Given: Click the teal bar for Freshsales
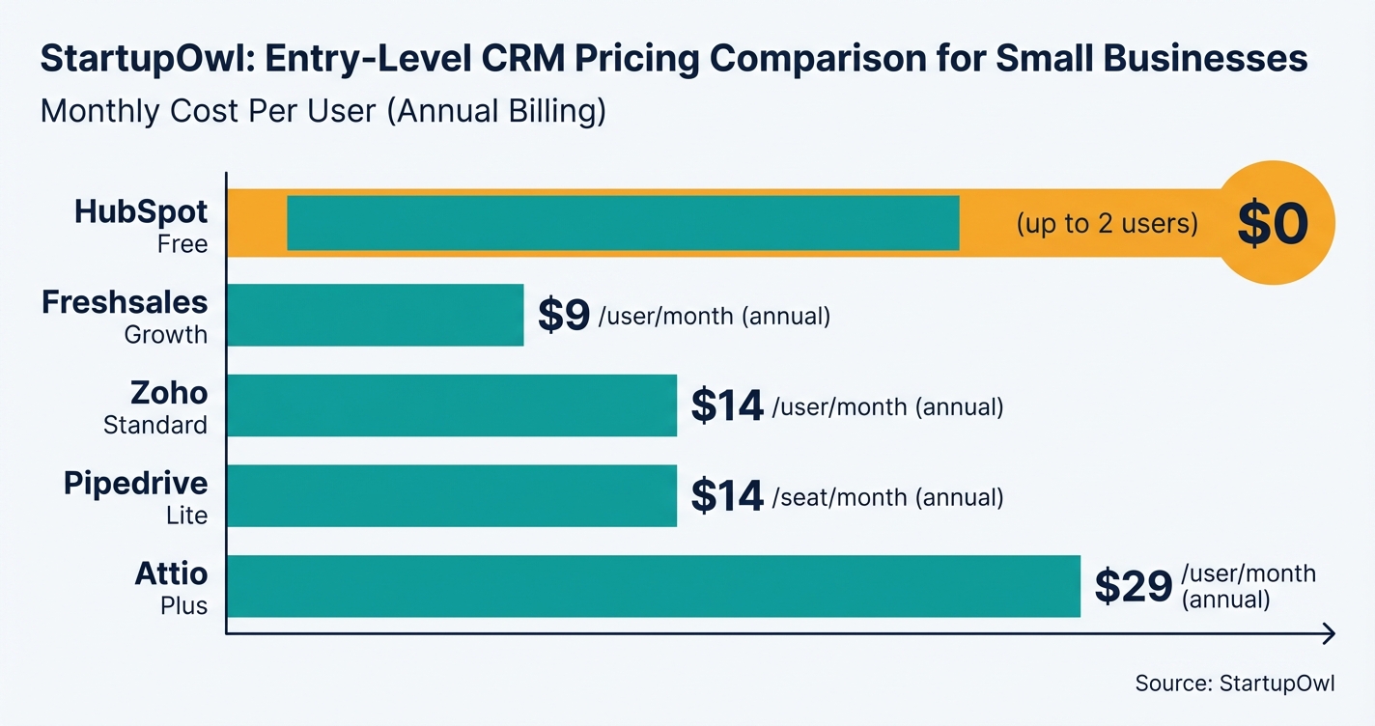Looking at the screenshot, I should point(375,315).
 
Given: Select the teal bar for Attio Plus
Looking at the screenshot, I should point(653,586).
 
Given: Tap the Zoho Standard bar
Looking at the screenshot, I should point(451,405).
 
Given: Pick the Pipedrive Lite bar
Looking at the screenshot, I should point(451,495).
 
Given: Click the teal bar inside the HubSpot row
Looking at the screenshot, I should point(623,223).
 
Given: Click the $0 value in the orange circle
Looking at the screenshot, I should point(1273,223).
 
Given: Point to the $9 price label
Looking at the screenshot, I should point(564,316).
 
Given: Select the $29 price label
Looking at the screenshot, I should point(1134,586).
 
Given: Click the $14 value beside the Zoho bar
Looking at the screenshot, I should point(727,406).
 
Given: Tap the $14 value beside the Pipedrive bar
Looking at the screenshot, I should point(727,496).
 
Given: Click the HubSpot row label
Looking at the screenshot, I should point(141,211).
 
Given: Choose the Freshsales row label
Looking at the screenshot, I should point(125,302).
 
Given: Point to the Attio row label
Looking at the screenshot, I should point(171,573).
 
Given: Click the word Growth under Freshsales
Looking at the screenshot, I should point(165,335).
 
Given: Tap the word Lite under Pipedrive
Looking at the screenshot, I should point(186,516).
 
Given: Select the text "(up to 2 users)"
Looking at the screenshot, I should point(1107,224).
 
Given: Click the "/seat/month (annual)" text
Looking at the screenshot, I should point(887,497).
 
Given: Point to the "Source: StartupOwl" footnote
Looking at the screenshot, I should point(1234,684).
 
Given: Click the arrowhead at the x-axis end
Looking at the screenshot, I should point(1329,633).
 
